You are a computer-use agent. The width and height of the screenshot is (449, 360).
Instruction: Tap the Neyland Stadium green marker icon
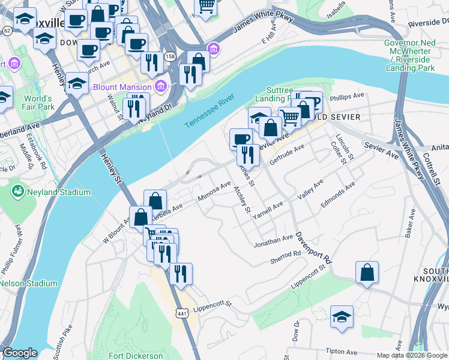(x=18, y=192)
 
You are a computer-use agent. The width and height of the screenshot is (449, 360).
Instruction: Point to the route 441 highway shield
(x=182, y=313)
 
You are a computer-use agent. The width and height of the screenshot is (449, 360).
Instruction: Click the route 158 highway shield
(x=170, y=56)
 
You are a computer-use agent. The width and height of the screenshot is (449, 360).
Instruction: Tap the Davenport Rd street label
(x=313, y=247)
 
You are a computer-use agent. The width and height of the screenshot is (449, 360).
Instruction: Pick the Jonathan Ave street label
(x=273, y=241)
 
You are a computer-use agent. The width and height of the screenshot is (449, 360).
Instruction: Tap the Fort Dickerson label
(x=137, y=355)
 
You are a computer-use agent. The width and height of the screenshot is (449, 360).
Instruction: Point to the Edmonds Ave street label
(x=337, y=197)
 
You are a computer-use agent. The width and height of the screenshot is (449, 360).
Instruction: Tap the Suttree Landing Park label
(x=273, y=93)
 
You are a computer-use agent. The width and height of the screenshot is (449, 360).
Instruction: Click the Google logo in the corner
(x=19, y=353)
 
